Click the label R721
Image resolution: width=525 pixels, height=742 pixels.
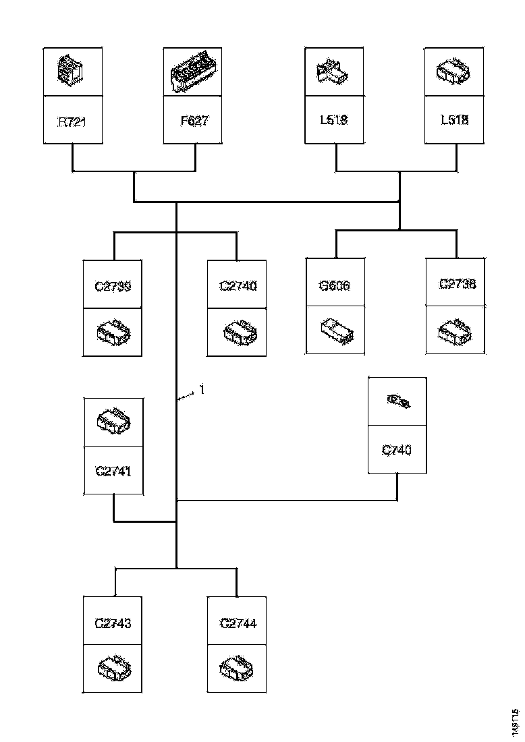(72, 123)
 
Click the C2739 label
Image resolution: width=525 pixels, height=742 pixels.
(113, 286)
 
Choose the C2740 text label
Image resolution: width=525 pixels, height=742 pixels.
(238, 286)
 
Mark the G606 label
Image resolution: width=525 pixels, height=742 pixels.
(335, 286)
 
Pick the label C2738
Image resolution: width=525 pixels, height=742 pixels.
(457, 284)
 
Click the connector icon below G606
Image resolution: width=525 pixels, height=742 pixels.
(335, 331)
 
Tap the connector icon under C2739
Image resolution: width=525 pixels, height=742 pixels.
(113, 333)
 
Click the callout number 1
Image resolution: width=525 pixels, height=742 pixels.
(200, 390)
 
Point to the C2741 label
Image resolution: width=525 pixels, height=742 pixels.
(113, 470)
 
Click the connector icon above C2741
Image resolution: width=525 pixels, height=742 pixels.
(113, 421)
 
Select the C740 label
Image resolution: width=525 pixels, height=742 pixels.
(397, 450)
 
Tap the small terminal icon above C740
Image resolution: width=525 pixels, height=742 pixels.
(397, 402)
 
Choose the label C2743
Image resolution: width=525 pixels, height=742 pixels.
(113, 623)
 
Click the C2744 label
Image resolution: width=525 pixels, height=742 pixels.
(238, 623)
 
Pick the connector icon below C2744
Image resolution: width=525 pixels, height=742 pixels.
(238, 668)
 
